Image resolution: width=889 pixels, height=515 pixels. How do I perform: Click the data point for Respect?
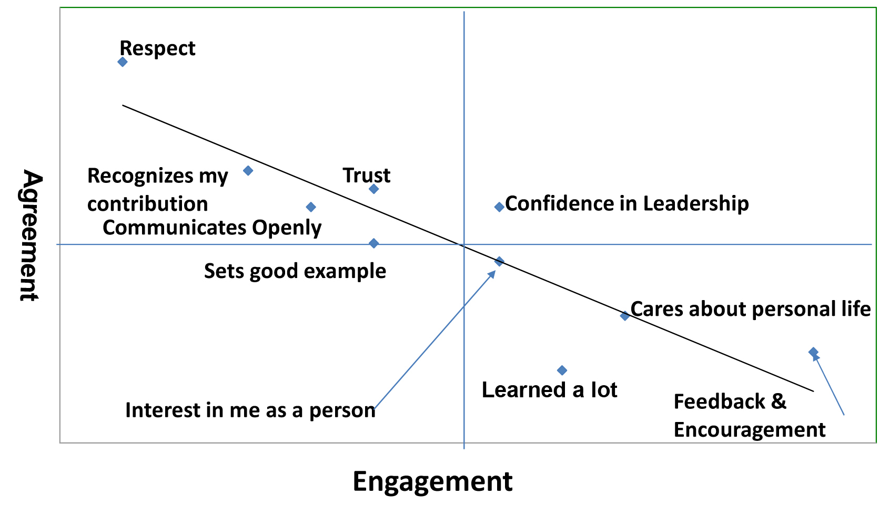(123, 62)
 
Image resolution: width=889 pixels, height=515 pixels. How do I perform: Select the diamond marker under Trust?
(373, 189)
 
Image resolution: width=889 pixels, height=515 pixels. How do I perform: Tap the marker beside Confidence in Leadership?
(499, 207)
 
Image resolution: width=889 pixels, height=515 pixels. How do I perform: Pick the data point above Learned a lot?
(562, 370)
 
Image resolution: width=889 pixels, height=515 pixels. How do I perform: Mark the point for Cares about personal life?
(624, 316)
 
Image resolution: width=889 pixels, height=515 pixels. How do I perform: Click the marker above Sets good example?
(373, 243)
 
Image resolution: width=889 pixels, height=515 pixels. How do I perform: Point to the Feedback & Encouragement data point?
(813, 352)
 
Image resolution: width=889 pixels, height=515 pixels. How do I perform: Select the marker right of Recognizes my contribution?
(248, 170)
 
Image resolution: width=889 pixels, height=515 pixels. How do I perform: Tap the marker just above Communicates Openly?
(311, 207)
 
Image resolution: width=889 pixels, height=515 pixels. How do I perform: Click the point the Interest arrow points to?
(499, 261)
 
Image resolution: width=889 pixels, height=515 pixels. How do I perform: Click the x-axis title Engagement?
(432, 481)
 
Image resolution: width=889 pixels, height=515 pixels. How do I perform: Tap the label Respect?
(157, 48)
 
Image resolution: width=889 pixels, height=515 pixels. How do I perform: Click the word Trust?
(367, 175)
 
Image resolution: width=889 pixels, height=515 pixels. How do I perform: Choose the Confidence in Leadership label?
(627, 203)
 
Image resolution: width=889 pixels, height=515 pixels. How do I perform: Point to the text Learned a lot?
(549, 390)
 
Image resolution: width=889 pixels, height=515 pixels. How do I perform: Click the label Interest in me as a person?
(250, 410)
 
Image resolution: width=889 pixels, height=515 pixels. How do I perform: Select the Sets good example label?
(295, 271)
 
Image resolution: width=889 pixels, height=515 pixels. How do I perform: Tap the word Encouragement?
(750, 430)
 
